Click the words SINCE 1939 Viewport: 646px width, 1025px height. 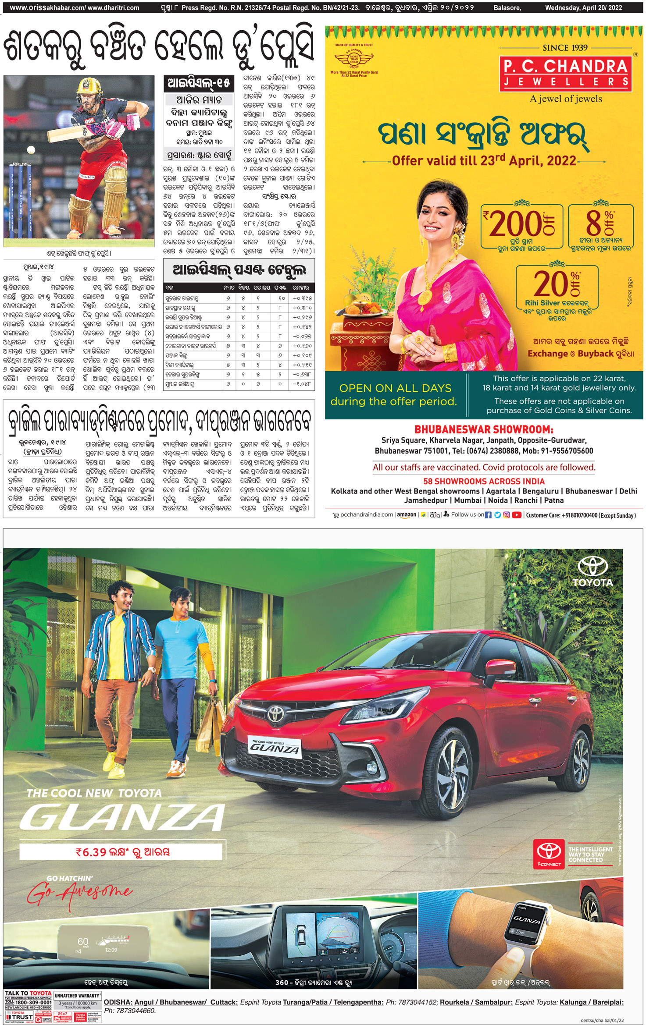(x=565, y=48)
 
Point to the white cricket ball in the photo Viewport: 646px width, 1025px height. (x=31, y=150)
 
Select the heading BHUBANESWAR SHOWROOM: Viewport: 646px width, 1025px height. (x=484, y=429)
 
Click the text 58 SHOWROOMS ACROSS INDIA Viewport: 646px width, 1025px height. (x=484, y=481)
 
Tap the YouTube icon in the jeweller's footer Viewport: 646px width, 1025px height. (x=516, y=515)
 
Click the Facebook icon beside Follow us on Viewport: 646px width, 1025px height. (x=488, y=515)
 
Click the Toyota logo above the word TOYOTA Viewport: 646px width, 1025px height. (x=592, y=567)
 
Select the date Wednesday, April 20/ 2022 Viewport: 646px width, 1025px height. (x=583, y=7)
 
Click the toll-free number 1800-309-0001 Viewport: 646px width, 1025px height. (x=33, y=1002)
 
